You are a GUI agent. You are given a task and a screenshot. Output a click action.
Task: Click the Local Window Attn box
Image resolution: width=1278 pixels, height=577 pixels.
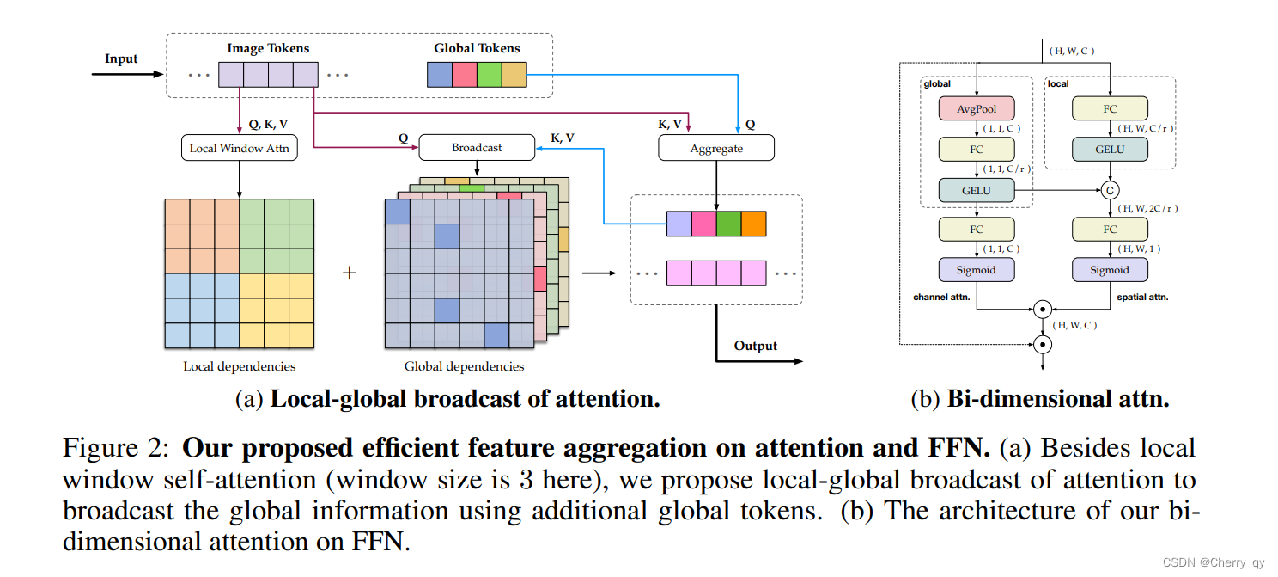click(x=240, y=148)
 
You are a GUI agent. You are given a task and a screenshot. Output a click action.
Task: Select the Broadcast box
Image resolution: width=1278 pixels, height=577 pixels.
click(x=477, y=148)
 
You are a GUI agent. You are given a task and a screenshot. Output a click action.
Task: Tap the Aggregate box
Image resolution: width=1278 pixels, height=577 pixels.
click(x=715, y=148)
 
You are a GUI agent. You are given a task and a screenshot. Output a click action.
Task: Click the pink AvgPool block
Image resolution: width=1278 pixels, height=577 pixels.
click(x=977, y=108)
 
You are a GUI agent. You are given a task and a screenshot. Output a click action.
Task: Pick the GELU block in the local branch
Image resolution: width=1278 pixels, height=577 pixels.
click(x=1110, y=149)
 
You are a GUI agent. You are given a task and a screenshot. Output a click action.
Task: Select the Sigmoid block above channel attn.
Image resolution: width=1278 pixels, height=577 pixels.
click(x=977, y=269)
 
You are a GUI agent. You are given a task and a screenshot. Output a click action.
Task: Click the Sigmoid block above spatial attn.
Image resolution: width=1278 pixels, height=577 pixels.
click(x=1110, y=269)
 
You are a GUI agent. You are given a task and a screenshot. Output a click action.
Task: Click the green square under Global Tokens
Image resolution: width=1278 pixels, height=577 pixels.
click(x=489, y=75)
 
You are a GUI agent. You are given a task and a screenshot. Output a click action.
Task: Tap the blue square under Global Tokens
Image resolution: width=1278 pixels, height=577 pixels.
click(x=439, y=75)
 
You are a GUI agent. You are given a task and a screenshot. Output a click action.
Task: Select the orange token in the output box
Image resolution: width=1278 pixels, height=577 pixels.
click(x=753, y=224)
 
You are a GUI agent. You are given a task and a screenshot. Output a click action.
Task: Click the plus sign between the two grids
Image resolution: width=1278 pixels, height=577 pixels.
click(x=349, y=273)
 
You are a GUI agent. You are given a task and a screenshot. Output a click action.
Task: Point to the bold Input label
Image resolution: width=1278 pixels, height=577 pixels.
click(x=121, y=58)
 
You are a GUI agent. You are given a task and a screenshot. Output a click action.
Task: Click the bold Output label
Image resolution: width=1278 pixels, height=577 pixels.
click(x=755, y=346)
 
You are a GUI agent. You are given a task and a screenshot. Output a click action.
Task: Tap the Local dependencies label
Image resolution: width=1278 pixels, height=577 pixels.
click(x=239, y=366)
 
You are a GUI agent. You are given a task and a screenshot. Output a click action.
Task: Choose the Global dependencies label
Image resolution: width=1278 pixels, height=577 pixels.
click(x=464, y=366)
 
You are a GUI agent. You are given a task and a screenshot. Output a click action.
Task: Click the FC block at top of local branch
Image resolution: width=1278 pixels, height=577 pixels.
click(x=1110, y=108)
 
